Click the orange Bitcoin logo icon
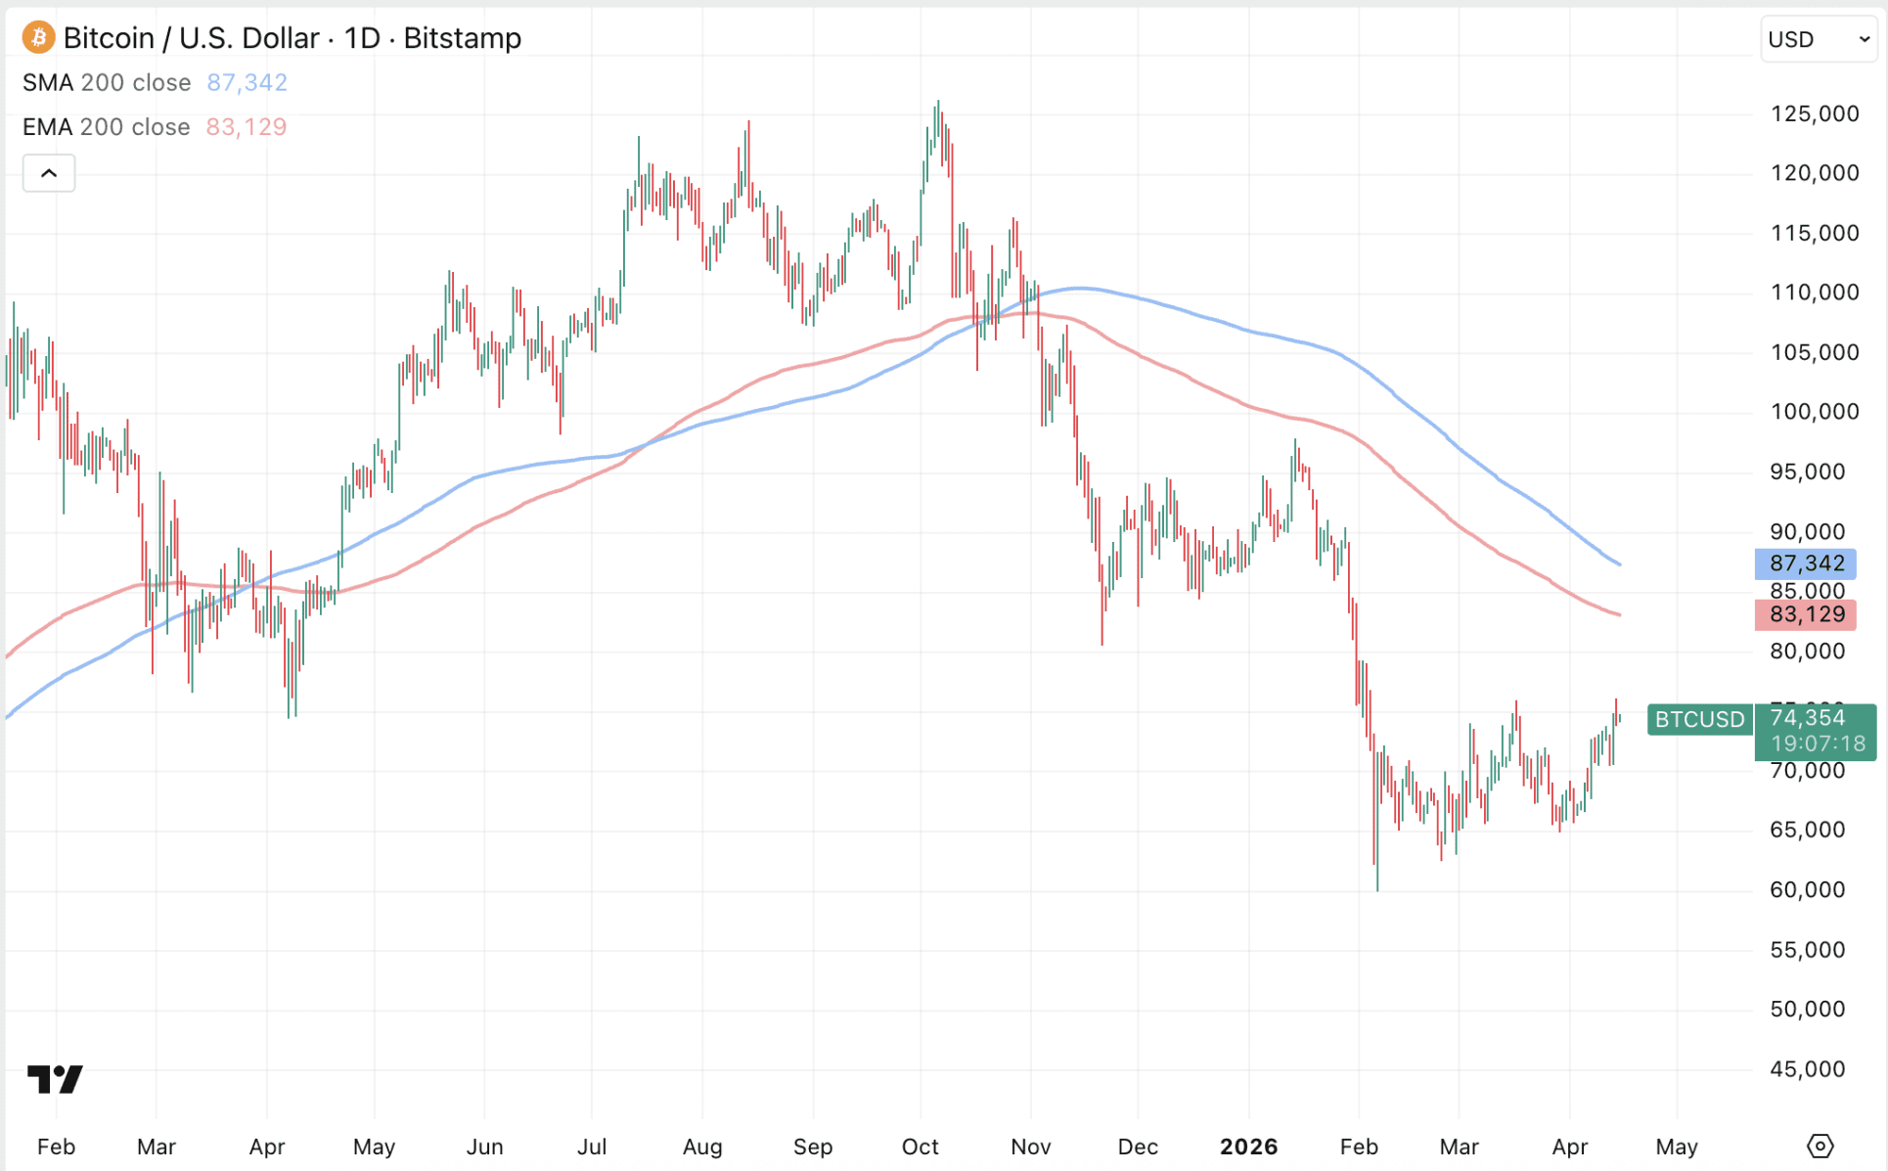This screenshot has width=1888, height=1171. [x=38, y=38]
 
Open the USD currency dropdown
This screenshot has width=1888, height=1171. [x=1818, y=39]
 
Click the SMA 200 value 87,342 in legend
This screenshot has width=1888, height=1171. [x=247, y=83]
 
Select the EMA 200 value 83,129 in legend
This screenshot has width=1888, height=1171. [x=246, y=127]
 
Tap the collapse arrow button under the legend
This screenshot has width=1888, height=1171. [x=49, y=173]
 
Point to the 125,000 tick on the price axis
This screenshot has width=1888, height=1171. [x=1814, y=113]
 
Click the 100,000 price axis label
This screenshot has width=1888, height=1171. [x=1814, y=412]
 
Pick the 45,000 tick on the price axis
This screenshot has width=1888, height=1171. [x=1807, y=1069]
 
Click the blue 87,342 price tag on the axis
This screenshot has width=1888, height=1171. [x=1806, y=563]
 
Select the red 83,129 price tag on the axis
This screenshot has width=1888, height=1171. [x=1806, y=614]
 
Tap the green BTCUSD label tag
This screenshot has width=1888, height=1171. [x=1699, y=719]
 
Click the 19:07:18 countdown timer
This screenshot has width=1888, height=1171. [x=1818, y=743]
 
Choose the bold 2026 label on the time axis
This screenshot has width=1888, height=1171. [x=1248, y=1147]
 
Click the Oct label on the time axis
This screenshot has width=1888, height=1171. [x=920, y=1147]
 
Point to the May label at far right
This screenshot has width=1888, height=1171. [x=1676, y=1147]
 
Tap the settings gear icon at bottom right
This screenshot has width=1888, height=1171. [x=1820, y=1146]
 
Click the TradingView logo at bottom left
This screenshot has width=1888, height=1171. [x=55, y=1079]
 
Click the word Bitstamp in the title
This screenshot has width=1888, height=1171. [x=462, y=38]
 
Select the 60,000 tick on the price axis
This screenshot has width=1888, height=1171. [x=1807, y=890]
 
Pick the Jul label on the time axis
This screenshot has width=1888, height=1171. [x=591, y=1147]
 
